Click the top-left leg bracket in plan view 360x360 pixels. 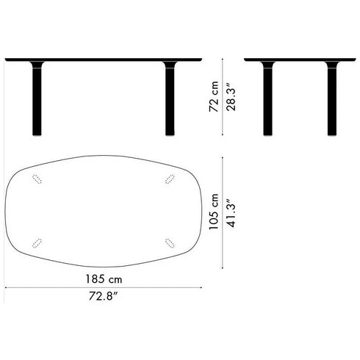[x=37, y=181]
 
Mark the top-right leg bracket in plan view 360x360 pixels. [x=170, y=181]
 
